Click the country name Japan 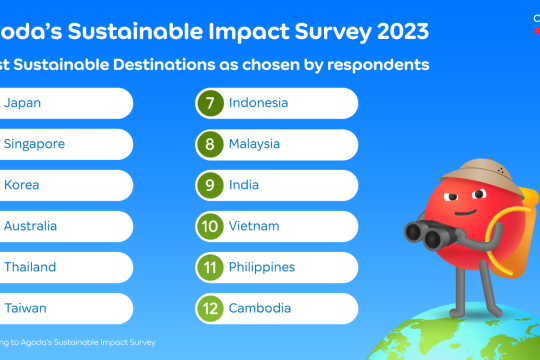click(23, 103)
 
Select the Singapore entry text click(34, 144)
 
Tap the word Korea click(23, 185)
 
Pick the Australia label click(30, 226)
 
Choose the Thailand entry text click(30, 267)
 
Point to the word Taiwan click(25, 308)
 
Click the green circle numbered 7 click(210, 103)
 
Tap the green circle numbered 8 click(210, 144)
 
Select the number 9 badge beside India click(210, 185)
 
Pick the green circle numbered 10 click(210, 226)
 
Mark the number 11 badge click(210, 267)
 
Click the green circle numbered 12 click(210, 308)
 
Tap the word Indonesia click(259, 103)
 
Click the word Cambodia click(262, 308)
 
